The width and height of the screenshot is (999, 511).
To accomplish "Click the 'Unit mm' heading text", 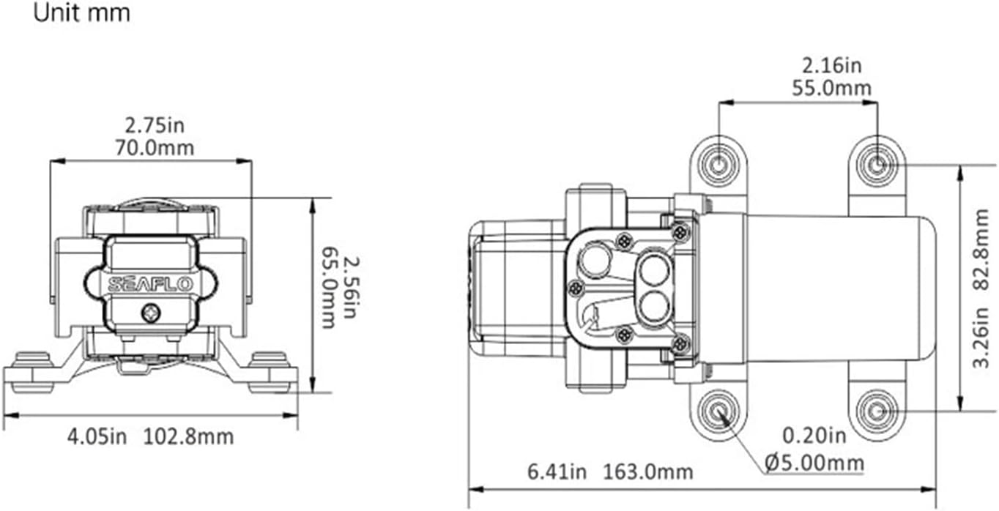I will coord(82,13).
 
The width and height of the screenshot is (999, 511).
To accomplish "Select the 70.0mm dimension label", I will coord(154,148).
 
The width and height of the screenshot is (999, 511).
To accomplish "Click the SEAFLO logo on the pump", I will coord(151,284).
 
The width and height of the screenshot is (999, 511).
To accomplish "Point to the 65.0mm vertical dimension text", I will coord(329,286).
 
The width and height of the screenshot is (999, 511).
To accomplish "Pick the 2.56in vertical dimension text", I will coord(352,286).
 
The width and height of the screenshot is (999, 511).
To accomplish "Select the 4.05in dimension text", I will coord(97,437).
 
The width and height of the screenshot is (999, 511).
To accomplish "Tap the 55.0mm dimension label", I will coord(831,89).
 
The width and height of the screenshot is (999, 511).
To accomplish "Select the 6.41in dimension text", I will coord(557,471).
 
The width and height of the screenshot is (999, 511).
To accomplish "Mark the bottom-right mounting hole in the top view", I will coord(876,411).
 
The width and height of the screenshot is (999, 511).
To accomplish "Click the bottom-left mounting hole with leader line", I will coord(718,411).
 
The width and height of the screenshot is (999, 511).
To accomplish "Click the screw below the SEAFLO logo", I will coord(151,314).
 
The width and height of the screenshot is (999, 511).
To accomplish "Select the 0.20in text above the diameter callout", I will coord(814,437).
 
